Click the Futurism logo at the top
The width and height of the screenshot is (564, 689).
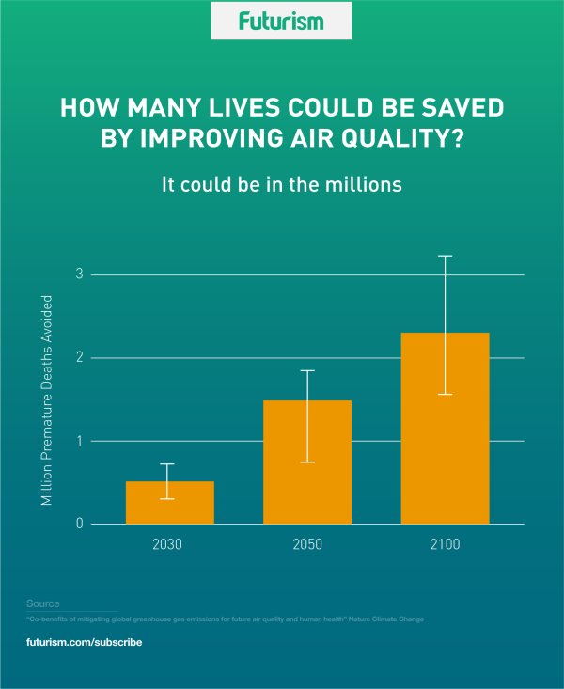[x=282, y=21]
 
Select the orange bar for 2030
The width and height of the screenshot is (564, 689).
[x=170, y=503]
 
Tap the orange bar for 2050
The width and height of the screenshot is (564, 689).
[x=307, y=462]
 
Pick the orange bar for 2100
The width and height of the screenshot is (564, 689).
[x=445, y=428]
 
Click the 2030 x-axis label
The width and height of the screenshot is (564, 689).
[x=170, y=545]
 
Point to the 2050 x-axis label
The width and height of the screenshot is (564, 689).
[x=307, y=545]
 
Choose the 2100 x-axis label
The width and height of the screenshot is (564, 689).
[x=445, y=545]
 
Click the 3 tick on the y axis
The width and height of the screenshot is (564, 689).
[x=80, y=274]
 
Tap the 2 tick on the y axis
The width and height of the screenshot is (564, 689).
[x=80, y=357]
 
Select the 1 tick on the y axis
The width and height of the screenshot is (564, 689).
[x=80, y=441]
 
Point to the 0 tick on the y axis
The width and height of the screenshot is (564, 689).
[x=80, y=524]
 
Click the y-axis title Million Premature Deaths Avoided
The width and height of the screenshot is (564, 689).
[x=46, y=399]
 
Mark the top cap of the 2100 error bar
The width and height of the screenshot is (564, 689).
[x=445, y=256]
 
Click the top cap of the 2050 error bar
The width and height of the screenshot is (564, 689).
[x=307, y=370]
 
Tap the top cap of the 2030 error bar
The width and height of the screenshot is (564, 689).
[x=166, y=464]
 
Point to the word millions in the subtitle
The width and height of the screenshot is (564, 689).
[x=364, y=184]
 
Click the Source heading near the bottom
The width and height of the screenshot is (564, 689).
[x=43, y=603]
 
